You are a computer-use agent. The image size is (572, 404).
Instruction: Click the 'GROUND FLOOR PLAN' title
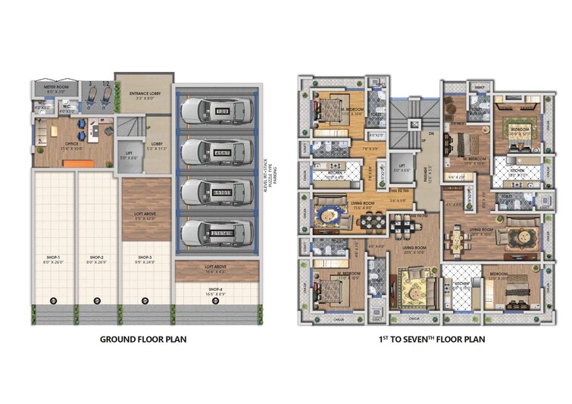(x=143, y=340)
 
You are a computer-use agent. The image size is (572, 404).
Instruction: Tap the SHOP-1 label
(x=52, y=258)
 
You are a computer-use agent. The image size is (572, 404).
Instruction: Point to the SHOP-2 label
(x=96, y=258)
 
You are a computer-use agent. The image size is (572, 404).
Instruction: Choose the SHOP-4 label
(x=214, y=290)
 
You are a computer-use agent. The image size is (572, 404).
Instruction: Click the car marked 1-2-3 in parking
(x=214, y=113)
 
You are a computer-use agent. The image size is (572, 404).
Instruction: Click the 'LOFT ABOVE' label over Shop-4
(x=214, y=268)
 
